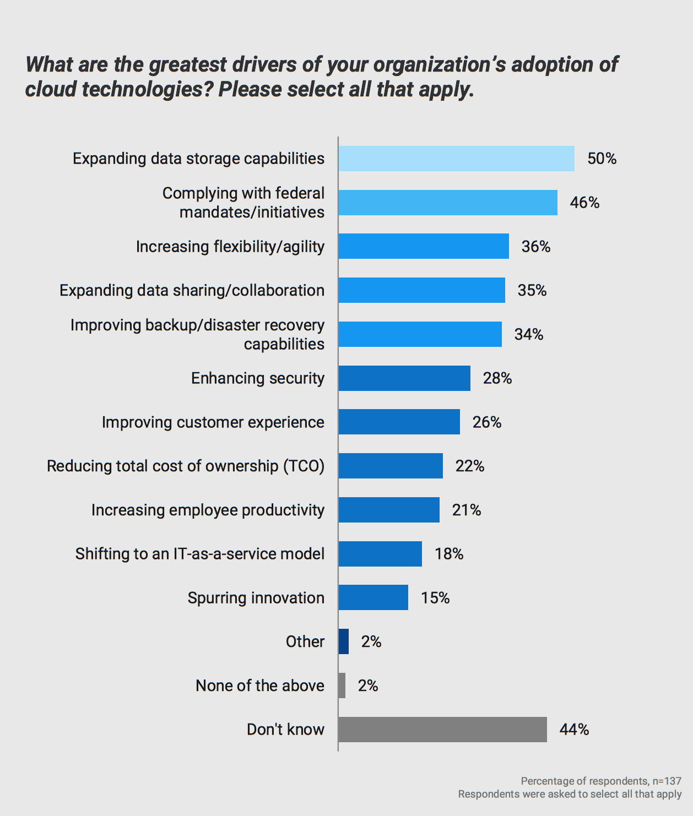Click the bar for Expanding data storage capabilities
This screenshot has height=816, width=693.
pyautogui.click(x=456, y=159)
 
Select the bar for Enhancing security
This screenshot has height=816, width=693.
pyautogui.click(x=404, y=378)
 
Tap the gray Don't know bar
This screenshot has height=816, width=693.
pyautogui.click(x=442, y=730)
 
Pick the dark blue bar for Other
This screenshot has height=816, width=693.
pyautogui.click(x=344, y=641)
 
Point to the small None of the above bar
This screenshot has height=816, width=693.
pyautogui.click(x=342, y=686)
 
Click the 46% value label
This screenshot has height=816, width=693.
pyautogui.click(x=584, y=203)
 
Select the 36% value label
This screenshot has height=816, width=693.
pyautogui.click(x=536, y=247)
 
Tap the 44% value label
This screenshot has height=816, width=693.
pyautogui.click(x=574, y=730)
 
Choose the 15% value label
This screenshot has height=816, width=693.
pyautogui.click(x=435, y=598)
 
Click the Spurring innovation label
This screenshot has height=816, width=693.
pyautogui.click(x=256, y=598)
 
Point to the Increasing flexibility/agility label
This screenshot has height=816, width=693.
pyautogui.click(x=230, y=247)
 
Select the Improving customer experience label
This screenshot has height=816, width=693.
pyautogui.click(x=213, y=422)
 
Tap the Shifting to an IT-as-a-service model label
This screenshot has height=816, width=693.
pyautogui.click(x=199, y=554)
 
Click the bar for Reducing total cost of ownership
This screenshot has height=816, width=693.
pyautogui.click(x=391, y=466)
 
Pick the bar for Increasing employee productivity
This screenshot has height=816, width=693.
pyautogui.click(x=389, y=510)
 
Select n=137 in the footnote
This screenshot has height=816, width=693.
pyautogui.click(x=667, y=781)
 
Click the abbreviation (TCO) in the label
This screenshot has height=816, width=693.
pyautogui.click(x=304, y=466)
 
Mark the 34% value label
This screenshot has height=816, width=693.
pyautogui.click(x=529, y=334)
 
